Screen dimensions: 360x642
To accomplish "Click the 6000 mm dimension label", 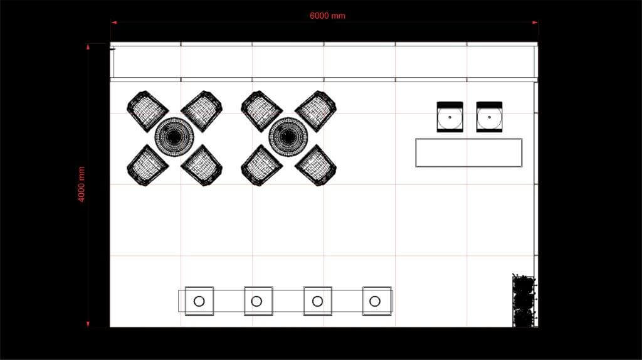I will coord(327,16).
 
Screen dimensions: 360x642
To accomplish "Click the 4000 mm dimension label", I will coord(82,184).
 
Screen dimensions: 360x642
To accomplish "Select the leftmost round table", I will coord(174,137).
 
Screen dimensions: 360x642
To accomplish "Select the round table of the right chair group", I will coord(288,137).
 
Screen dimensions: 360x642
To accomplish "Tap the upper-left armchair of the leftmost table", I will coord(147,111).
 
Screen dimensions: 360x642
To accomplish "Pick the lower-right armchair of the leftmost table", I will coord(202,165).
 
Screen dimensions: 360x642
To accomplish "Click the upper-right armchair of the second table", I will coord(316,111).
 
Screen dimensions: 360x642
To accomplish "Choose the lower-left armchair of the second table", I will coord(261,165).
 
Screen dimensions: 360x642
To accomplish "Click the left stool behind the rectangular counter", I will coord(450,117).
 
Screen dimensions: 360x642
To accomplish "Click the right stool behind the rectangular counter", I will coord(489,117).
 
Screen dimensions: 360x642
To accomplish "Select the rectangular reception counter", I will coord(468,152).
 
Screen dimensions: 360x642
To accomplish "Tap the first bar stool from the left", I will coord(199,301).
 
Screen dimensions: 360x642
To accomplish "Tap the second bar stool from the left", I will coord(258,301).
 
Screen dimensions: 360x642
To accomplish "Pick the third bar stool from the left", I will coord(317,301).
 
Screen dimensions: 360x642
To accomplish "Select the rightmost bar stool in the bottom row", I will coord(376,301).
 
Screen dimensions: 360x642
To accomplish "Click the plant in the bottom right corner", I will coord(524,301).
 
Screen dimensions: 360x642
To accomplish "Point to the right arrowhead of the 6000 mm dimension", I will coord(535,23).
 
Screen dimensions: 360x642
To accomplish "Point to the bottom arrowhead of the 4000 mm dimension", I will coord(88,324).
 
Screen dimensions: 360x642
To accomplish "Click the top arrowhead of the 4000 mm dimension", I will coord(88,46).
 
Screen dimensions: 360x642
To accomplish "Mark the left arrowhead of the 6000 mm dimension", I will coord(113,23).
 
